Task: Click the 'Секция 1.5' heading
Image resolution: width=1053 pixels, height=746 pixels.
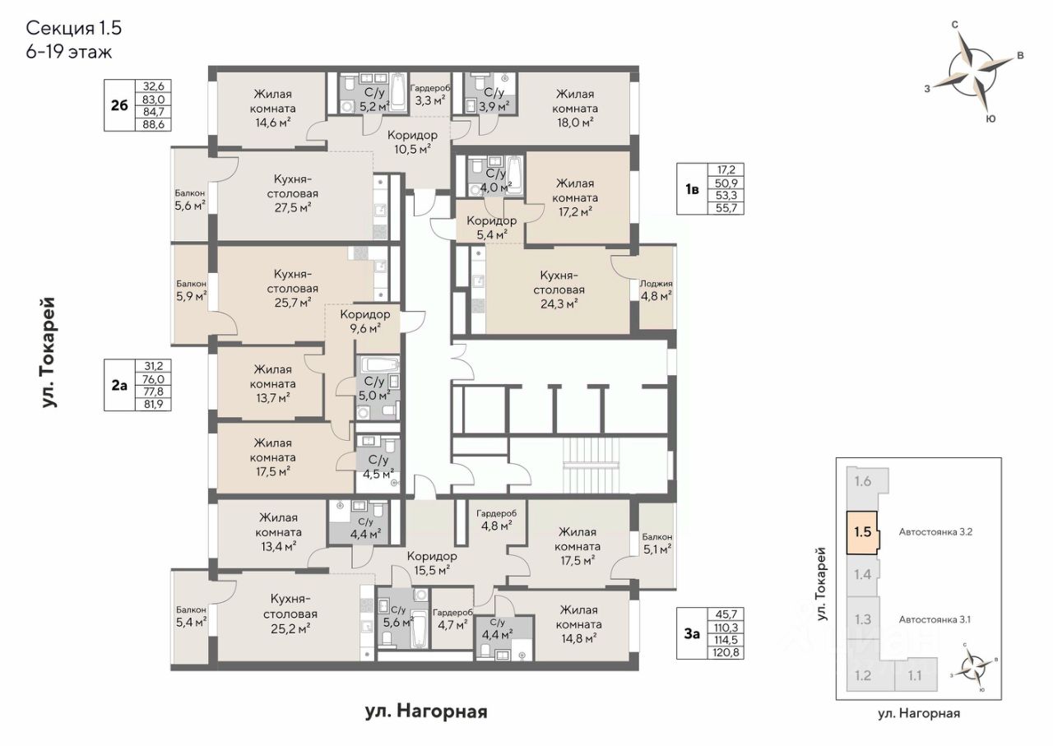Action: pyautogui.click(x=74, y=28)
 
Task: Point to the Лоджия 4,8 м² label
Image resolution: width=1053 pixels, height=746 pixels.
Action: pyautogui.click(x=656, y=290)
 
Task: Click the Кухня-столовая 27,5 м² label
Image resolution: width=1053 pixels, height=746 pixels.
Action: pyautogui.click(x=293, y=193)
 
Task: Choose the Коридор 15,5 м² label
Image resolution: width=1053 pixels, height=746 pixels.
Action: pyautogui.click(x=432, y=563)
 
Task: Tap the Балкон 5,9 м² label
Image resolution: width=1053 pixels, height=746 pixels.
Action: pyautogui.click(x=191, y=290)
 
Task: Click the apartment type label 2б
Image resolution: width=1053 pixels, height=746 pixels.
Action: pyautogui.click(x=119, y=105)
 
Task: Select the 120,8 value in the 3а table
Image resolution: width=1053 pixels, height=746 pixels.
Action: pyautogui.click(x=726, y=652)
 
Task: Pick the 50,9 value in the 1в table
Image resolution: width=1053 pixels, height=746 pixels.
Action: pyautogui.click(x=726, y=183)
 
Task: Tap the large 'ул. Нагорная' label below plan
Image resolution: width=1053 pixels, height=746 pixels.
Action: pyautogui.click(x=426, y=711)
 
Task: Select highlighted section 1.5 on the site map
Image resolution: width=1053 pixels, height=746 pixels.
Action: pyautogui.click(x=862, y=532)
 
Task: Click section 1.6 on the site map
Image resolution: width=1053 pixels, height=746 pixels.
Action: pyautogui.click(x=863, y=481)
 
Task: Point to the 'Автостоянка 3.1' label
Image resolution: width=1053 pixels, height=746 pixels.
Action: pyautogui.click(x=935, y=619)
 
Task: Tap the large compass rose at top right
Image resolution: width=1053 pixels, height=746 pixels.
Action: pyautogui.click(x=972, y=73)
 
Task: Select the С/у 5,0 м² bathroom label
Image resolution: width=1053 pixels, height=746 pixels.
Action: pyautogui.click(x=374, y=388)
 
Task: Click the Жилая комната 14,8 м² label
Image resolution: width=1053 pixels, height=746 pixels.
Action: pyautogui.click(x=578, y=624)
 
